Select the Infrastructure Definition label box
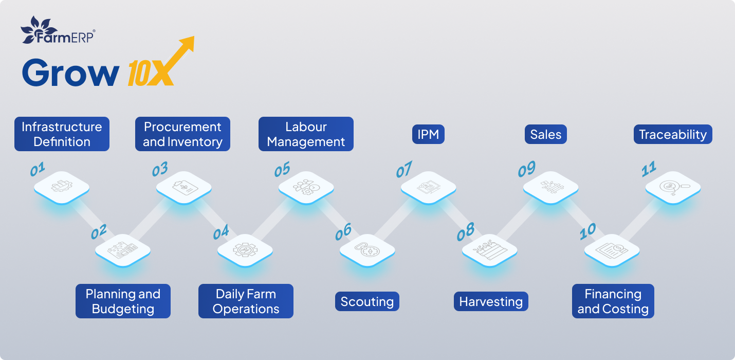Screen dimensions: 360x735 62,134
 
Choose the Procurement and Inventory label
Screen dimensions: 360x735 182,134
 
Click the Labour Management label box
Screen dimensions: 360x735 306,134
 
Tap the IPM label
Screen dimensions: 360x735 428,135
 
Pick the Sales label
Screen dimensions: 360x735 545,135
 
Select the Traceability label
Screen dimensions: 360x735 673,135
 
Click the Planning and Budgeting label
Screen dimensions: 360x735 123,301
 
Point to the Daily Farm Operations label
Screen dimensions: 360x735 246,301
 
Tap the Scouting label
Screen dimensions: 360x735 367,302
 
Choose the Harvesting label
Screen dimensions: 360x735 491,302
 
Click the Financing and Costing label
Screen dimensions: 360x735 613,301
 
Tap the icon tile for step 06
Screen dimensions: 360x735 367,250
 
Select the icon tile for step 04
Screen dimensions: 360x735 245,250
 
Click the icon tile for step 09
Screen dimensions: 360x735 551,187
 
